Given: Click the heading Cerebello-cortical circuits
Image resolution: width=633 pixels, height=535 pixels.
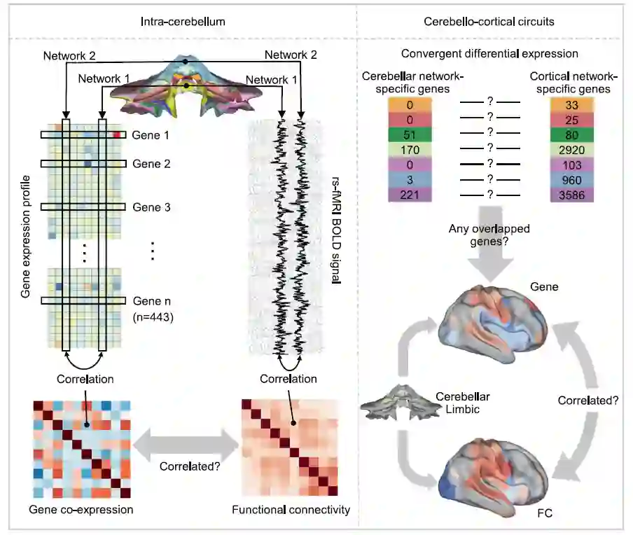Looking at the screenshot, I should (x=489, y=22).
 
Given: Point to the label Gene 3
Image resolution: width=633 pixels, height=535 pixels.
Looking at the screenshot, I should (x=153, y=207).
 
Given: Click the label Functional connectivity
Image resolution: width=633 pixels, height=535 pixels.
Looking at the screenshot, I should (x=291, y=509).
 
